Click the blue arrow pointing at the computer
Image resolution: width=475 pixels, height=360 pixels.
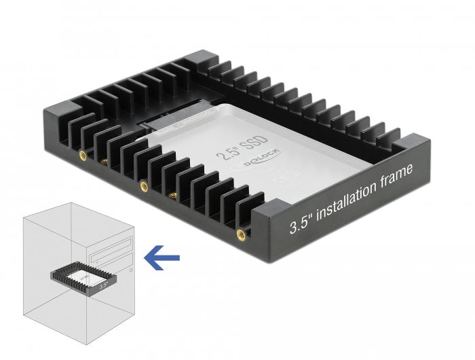coord(162,257)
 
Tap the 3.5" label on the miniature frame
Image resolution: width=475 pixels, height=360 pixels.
coord(102,287)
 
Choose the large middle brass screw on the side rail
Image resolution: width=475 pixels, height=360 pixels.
coord(142,184)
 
